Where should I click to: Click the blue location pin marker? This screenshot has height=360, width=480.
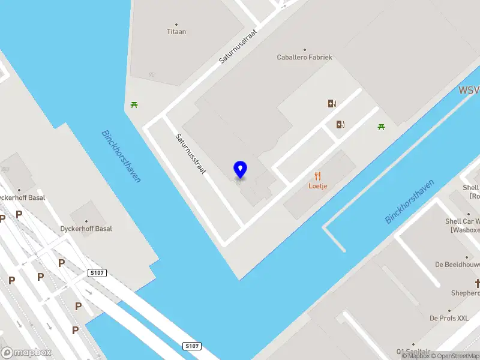pyautogui.click(x=240, y=169)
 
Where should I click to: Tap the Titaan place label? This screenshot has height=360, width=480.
pyautogui.click(x=176, y=31)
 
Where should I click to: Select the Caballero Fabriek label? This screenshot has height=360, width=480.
pyautogui.click(x=304, y=57)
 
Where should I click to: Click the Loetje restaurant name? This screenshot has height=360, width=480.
pyautogui.click(x=317, y=186)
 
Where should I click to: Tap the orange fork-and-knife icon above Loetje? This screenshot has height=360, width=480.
pyautogui.click(x=317, y=176)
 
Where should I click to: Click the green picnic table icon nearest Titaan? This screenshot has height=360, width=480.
pyautogui.click(x=134, y=105)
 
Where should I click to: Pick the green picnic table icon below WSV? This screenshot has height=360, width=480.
pyautogui.click(x=381, y=127)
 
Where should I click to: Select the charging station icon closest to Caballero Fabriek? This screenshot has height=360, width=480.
pyautogui.click(x=332, y=103)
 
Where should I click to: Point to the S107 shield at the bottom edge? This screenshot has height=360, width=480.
pyautogui.click(x=191, y=346)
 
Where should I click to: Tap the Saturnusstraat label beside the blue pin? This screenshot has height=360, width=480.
pyautogui.click(x=190, y=154)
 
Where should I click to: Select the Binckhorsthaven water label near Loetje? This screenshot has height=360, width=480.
pyautogui.click(x=409, y=201)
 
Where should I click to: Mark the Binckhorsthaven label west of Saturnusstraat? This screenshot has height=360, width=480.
pyautogui.click(x=121, y=156)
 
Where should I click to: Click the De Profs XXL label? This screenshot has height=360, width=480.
pyautogui.click(x=449, y=317)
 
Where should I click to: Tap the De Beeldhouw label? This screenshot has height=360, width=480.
pyautogui.click(x=457, y=264)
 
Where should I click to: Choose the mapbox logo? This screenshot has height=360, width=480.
pyautogui.click(x=26, y=353)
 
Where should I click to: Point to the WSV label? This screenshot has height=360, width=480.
pyautogui.click(x=469, y=91)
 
